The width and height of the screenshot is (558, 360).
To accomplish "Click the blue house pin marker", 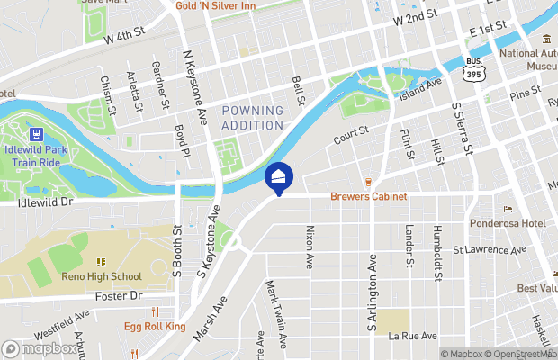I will [279, 176].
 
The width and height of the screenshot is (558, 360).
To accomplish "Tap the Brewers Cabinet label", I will [368, 196].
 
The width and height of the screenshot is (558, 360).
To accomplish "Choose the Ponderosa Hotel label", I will [508, 222].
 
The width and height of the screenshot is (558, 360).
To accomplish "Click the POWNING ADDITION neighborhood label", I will [252, 117].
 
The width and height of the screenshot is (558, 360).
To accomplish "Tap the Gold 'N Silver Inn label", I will [215, 5].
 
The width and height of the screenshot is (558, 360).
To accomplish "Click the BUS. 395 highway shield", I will [473, 71].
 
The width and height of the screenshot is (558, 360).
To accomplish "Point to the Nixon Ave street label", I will [309, 248].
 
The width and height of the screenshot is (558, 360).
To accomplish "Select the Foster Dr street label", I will [119, 295].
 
